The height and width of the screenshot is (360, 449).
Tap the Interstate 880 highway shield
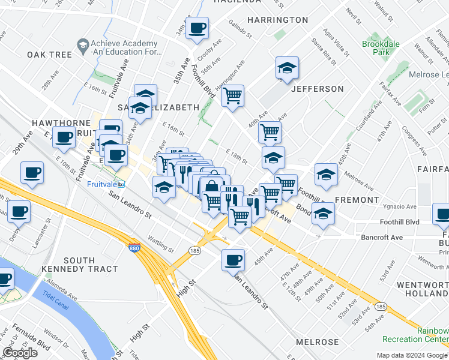pos(133,247)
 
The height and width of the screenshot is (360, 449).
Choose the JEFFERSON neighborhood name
pos(317,89)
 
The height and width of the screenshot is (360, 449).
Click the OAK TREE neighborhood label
pos(49,55)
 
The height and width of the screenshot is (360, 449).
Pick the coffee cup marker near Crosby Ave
pos(197,27)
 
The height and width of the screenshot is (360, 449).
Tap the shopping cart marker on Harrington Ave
pos(232,95)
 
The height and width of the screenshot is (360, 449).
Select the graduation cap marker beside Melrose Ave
pos(326,174)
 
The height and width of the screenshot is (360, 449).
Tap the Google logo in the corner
pos(20,353)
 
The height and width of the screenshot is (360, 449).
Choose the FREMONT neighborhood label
pos(357,199)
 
